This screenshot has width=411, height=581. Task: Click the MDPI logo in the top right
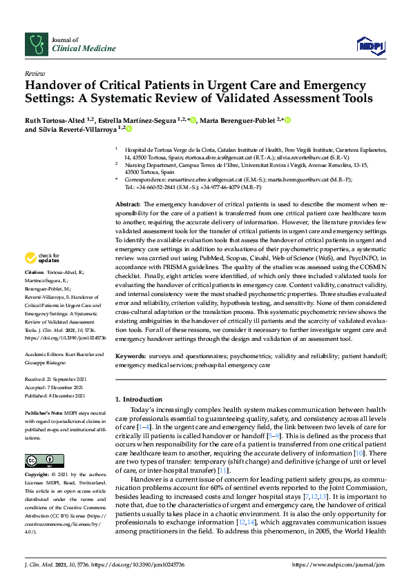(x=369, y=46)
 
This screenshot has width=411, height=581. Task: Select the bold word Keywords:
(x=131, y=356)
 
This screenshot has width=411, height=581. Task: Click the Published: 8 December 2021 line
(x=59, y=395)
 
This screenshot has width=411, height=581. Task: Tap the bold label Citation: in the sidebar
(x=35, y=293)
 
